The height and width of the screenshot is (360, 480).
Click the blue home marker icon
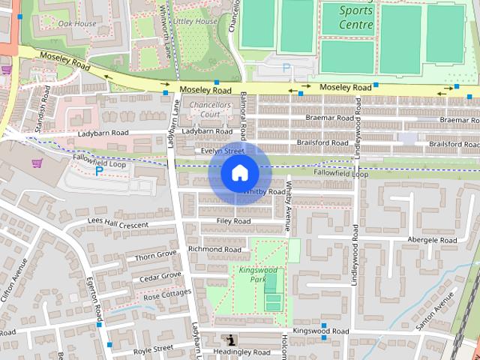[x=239, y=173]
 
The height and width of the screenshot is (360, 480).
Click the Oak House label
[x=77, y=23]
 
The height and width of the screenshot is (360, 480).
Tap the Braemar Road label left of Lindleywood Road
[x=329, y=118]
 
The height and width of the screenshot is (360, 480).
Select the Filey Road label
[x=233, y=221]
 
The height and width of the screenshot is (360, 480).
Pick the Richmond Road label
[x=214, y=249]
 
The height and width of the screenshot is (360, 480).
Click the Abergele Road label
[x=432, y=240]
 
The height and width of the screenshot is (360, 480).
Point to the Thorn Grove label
[x=156, y=255]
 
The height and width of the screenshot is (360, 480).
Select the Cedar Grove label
[x=160, y=276]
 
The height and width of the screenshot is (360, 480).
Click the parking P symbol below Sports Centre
[x=286, y=68]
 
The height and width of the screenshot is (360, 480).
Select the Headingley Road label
[x=241, y=352]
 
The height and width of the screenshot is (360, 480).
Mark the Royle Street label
[x=153, y=349]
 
